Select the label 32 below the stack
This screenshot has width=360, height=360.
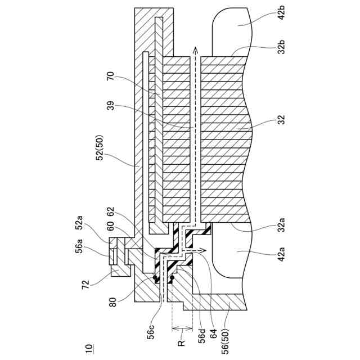[x=282, y=120]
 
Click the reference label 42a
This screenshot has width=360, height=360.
[x=283, y=261]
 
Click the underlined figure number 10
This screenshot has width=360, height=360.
[x=87, y=350]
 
